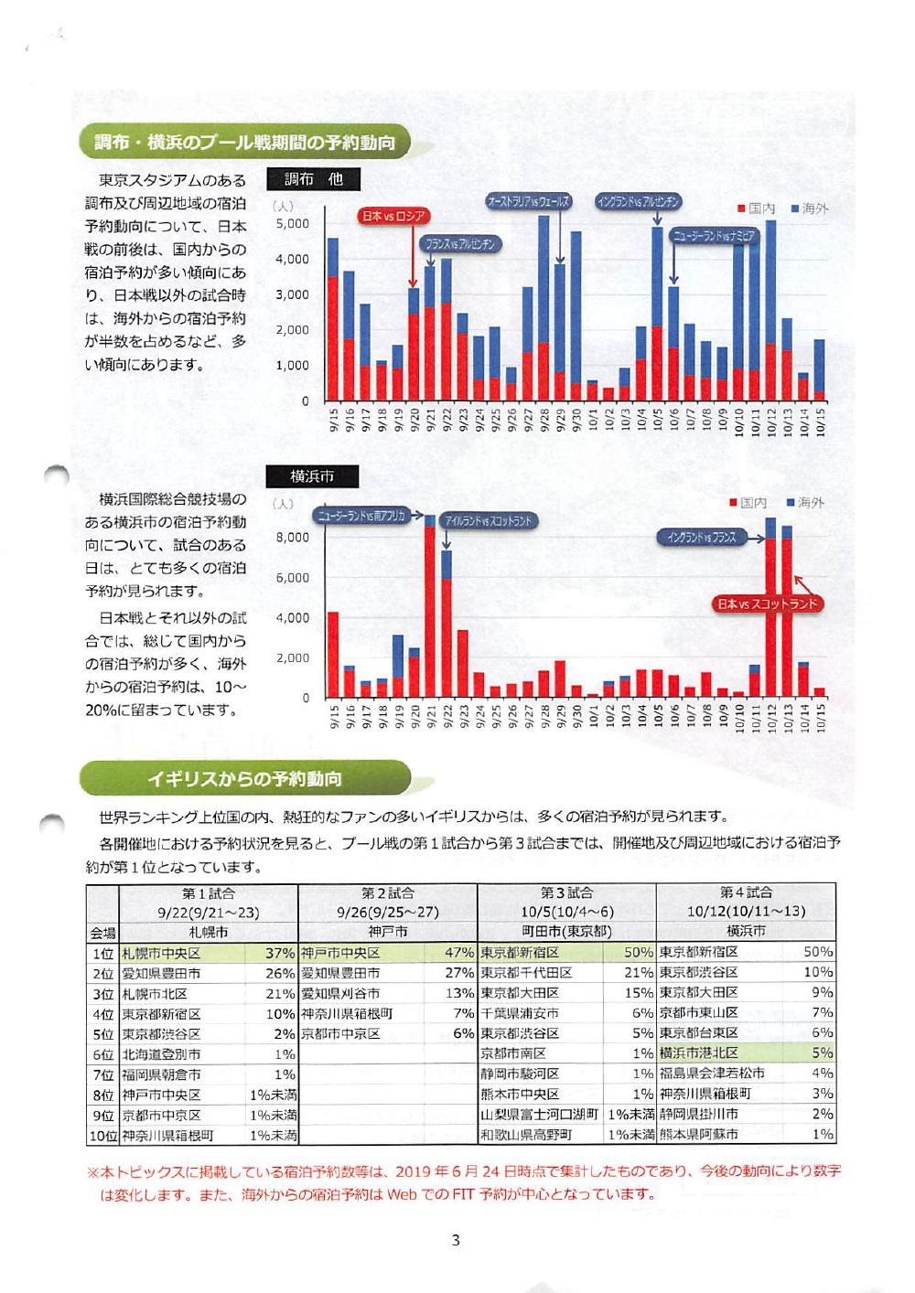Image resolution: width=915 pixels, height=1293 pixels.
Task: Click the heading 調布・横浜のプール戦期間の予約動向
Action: tap(245, 144)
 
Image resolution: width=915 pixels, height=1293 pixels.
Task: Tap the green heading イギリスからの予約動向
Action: tap(245, 779)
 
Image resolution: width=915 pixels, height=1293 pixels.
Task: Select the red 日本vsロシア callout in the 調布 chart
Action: tap(393, 217)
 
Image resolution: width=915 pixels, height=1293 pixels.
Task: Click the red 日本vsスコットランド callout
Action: tap(768, 604)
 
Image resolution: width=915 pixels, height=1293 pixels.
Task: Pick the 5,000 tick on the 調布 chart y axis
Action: tap(293, 224)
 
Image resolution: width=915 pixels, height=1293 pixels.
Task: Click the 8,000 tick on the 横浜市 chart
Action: tap(293, 538)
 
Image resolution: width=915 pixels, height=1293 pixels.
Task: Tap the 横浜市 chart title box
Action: tap(312, 476)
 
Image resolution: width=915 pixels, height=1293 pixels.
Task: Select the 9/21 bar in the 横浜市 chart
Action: tap(430, 608)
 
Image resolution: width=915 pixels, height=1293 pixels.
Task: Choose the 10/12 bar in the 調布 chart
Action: tap(770, 311)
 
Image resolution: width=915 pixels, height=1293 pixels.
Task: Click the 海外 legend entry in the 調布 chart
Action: tap(809, 208)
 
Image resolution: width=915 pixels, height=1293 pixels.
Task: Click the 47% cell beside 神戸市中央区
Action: tap(458, 952)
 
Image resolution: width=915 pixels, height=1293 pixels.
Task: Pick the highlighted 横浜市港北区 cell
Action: tap(700, 1053)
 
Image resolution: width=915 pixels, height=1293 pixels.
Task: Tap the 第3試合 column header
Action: tap(566, 893)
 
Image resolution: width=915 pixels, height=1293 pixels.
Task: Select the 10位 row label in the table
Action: tap(102, 1135)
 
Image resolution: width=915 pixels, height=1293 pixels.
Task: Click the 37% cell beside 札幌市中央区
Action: tap(279, 952)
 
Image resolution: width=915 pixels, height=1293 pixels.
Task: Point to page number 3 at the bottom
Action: tap(456, 1241)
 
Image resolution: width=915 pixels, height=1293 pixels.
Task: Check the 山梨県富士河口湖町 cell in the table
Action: tap(540, 1115)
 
